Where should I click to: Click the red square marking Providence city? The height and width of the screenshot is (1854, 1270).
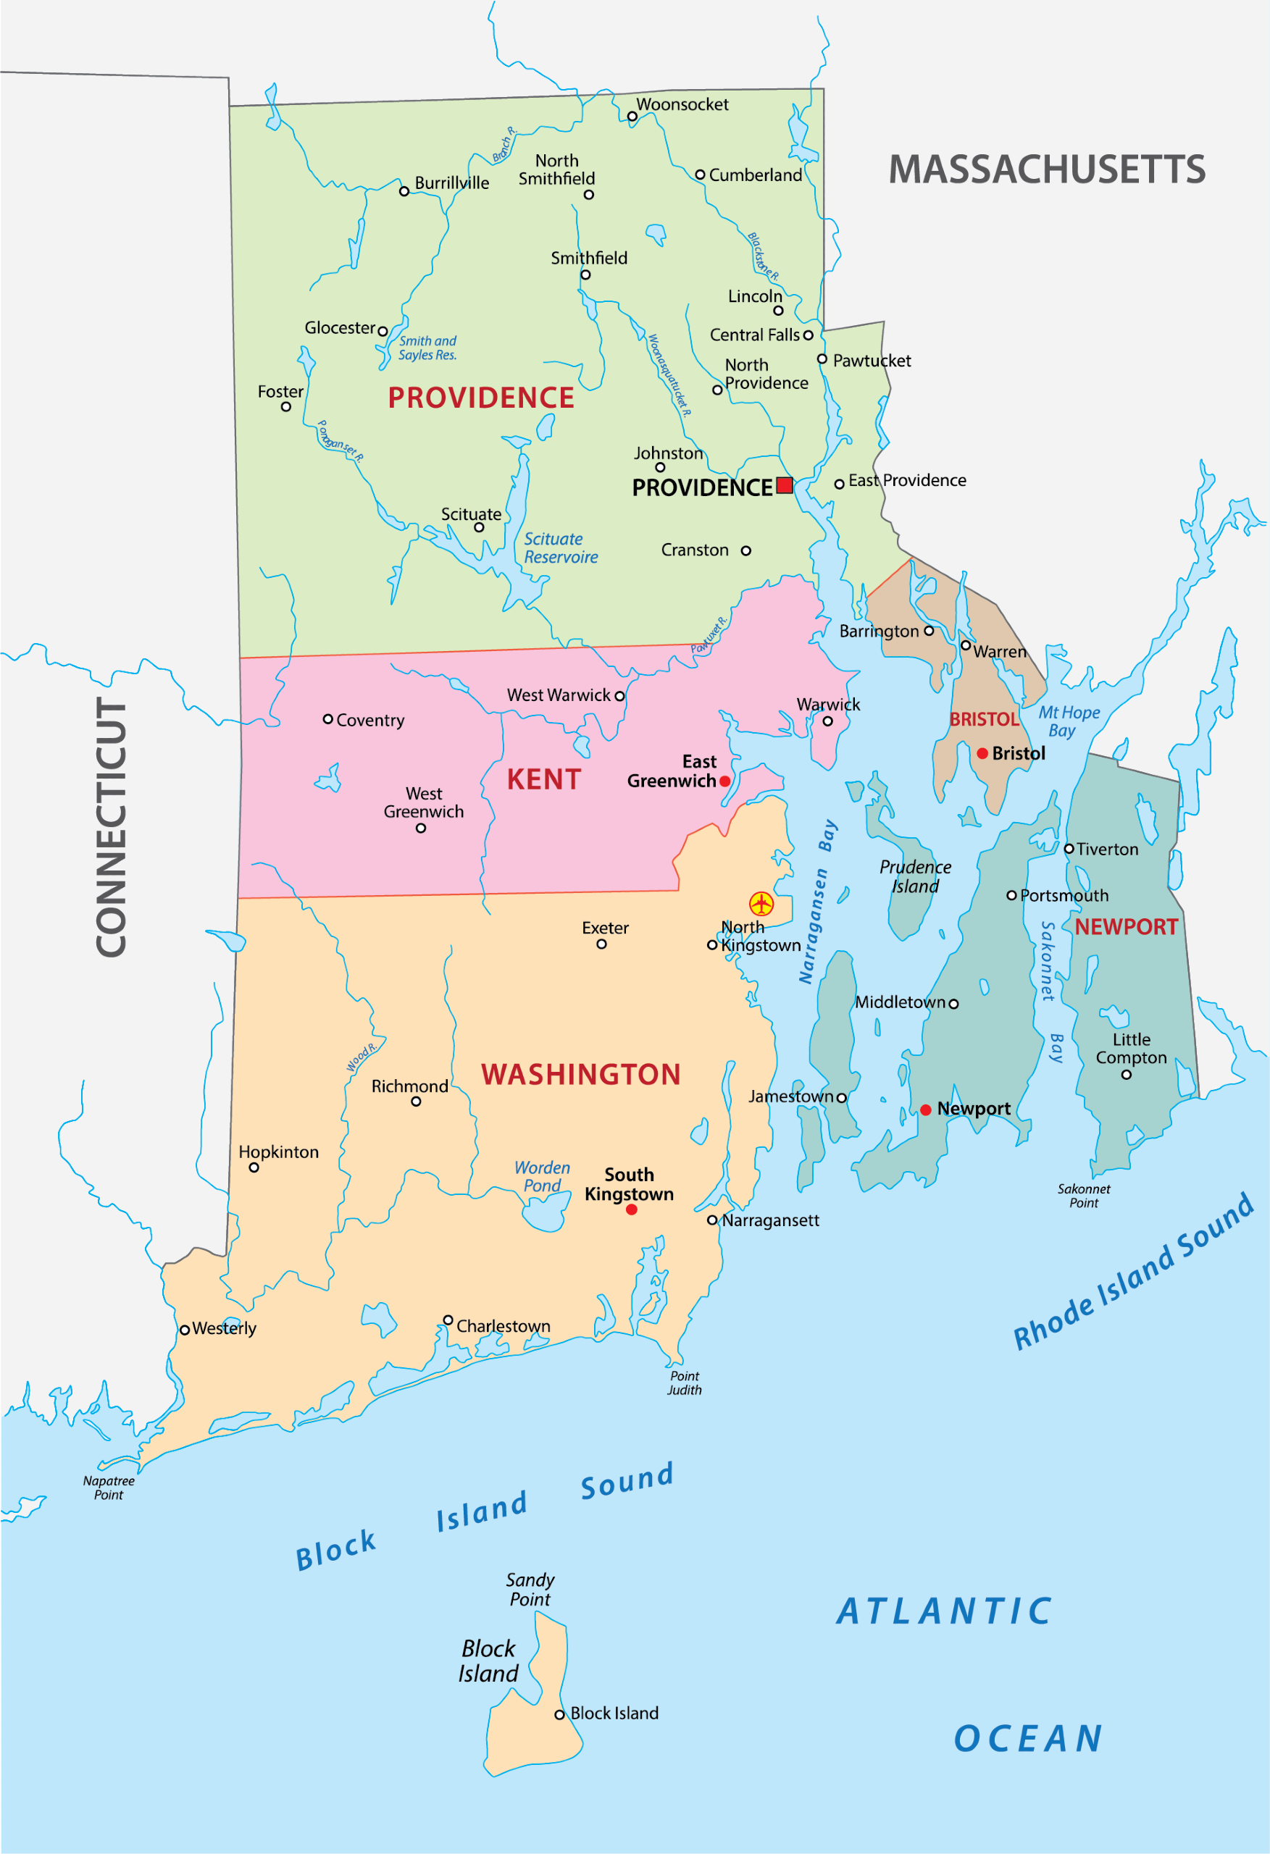point(785,485)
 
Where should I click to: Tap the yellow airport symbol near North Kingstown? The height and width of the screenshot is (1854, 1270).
point(761,904)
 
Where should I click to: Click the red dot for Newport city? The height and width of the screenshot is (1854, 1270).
point(925,1110)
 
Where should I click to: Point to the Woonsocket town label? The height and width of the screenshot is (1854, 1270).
point(682,104)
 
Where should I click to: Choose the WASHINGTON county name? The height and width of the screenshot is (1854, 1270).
point(580,1075)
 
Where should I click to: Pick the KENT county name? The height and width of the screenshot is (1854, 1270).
point(543,779)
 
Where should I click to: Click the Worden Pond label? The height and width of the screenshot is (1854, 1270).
point(542,1177)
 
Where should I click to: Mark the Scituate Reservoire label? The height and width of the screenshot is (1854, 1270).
point(560,548)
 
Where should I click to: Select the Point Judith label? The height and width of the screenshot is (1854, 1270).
point(684,1383)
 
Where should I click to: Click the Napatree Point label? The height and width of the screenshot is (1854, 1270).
point(109,1488)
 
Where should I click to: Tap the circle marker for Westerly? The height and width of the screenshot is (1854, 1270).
point(185,1330)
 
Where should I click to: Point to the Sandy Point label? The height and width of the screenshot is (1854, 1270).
point(530,1589)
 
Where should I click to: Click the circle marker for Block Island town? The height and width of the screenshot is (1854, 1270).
point(559,1714)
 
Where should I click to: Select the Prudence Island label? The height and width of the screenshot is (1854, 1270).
point(915,876)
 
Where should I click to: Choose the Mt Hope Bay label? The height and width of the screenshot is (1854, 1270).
point(1068,721)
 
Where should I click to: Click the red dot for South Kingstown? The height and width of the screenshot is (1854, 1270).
point(632,1209)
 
